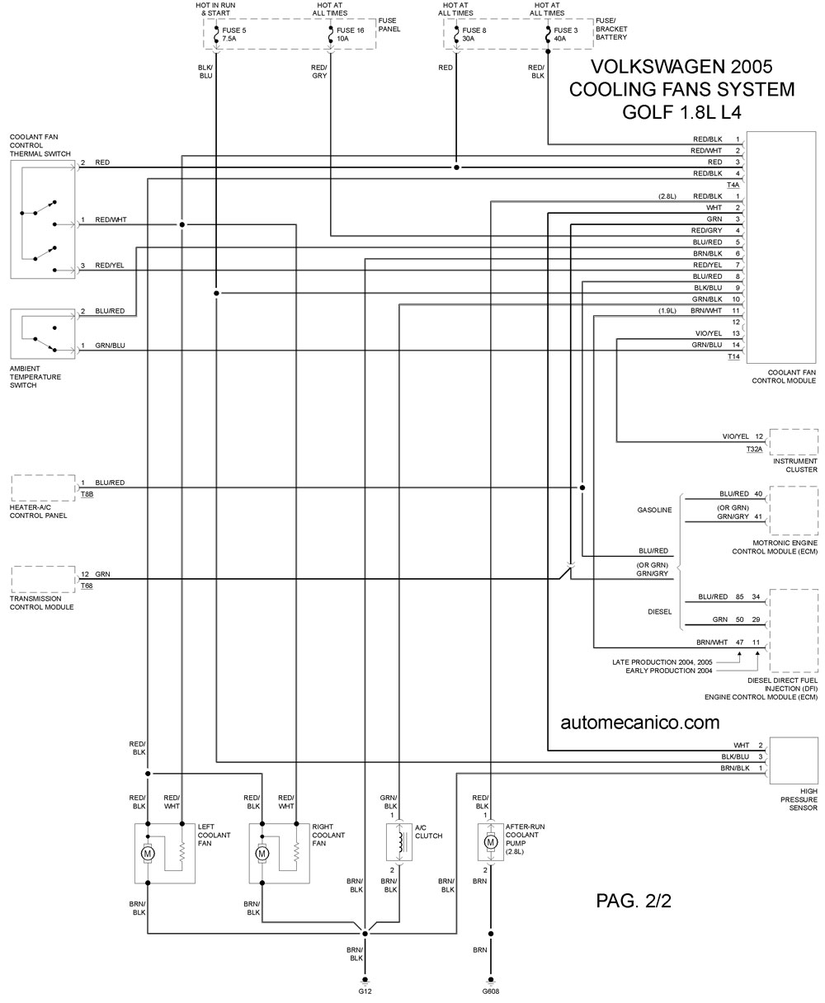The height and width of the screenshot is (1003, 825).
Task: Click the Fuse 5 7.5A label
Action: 233,35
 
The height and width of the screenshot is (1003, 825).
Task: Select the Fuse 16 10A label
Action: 350,35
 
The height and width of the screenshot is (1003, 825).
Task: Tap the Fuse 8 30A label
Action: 474,35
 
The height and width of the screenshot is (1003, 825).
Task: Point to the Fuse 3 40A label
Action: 565,35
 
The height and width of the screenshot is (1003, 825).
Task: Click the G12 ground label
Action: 365,991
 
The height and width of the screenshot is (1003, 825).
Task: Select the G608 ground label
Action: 491,991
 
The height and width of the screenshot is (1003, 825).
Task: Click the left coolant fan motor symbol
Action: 148,854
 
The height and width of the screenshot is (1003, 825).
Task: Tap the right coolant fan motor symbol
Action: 262,854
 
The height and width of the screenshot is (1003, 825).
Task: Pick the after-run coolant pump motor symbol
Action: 491,842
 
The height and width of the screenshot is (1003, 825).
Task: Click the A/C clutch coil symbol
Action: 400,842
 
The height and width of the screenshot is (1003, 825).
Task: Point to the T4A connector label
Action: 733,185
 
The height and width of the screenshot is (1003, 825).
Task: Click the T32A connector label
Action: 754,449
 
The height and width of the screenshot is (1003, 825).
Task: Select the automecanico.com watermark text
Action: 640,722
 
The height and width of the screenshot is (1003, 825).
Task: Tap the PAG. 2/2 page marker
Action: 634,901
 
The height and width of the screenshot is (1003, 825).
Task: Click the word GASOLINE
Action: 654,510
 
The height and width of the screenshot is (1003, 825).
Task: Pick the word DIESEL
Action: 659,611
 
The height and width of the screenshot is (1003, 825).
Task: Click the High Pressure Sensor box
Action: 794,760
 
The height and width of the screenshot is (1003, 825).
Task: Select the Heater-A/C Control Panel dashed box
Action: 43,487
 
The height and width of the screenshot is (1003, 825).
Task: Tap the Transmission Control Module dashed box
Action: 43,579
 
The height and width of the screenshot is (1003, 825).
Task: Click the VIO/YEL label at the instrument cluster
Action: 735,436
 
